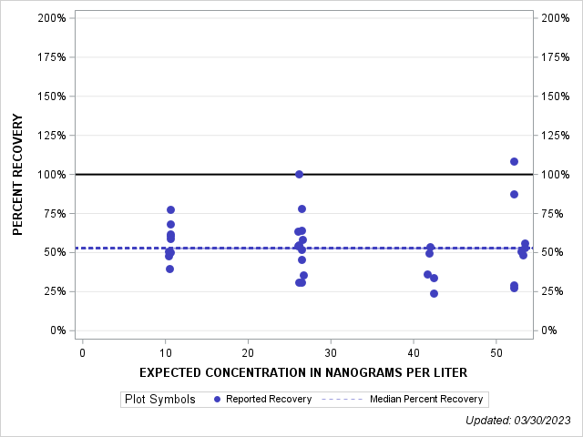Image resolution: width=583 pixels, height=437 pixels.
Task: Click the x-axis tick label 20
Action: click(x=248, y=352)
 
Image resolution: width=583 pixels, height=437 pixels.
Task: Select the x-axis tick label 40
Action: click(x=414, y=352)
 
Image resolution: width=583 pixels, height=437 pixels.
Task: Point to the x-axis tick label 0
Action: click(x=83, y=352)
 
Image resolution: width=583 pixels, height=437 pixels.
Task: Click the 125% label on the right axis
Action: click(x=555, y=136)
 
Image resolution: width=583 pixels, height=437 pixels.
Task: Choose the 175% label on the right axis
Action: click(x=555, y=57)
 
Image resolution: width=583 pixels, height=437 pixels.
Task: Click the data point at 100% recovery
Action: click(x=299, y=174)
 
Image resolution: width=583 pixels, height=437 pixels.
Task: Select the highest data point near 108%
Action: click(x=514, y=161)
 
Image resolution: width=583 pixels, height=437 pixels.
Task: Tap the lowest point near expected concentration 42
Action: click(x=434, y=293)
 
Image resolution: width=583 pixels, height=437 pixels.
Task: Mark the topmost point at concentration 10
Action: click(x=170, y=209)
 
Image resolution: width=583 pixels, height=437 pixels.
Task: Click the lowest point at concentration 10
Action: click(x=169, y=269)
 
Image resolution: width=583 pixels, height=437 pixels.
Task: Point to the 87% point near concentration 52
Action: click(x=514, y=194)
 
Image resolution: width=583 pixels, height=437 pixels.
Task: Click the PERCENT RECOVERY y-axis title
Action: click(x=17, y=174)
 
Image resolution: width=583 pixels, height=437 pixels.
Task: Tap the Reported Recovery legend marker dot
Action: click(x=217, y=399)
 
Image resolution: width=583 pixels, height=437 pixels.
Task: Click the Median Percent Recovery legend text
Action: click(x=426, y=399)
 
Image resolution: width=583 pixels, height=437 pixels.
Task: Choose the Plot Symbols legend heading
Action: click(x=159, y=399)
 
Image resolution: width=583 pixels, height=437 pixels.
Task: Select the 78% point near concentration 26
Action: click(x=302, y=208)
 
